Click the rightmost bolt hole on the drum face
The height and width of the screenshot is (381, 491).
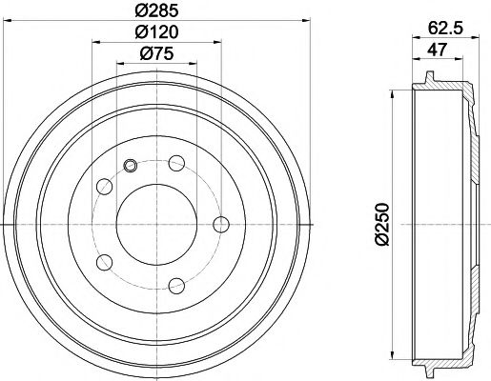[222, 224]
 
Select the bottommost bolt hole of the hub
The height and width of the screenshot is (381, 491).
[175, 283]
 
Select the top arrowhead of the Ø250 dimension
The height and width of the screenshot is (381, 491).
[392, 96]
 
